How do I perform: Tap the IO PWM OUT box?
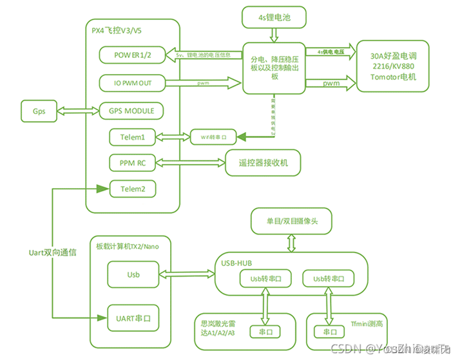click(x=131, y=83)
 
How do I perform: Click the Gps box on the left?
click(x=39, y=110)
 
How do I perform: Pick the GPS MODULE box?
click(x=131, y=111)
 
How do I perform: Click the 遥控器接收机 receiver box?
click(x=264, y=164)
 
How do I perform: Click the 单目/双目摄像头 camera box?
click(x=292, y=222)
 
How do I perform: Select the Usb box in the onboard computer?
click(x=132, y=275)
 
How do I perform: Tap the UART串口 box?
click(x=132, y=317)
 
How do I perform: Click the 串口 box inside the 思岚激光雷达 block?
click(x=265, y=332)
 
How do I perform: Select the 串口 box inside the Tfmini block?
click(x=327, y=332)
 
